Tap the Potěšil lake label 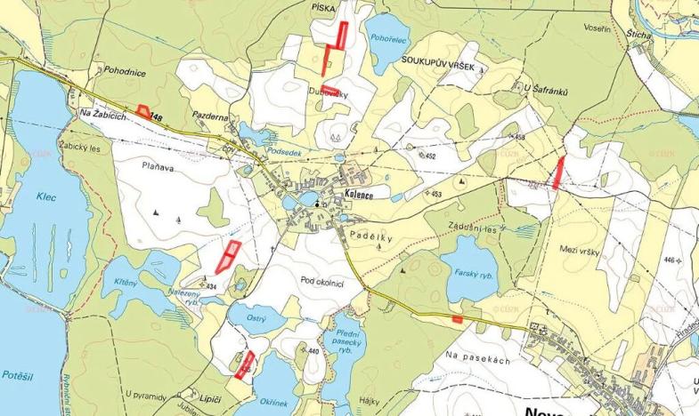click(19, 374)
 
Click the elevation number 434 click(211, 286)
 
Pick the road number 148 click(158, 116)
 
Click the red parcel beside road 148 click(143, 112)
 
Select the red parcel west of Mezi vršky click(558, 172)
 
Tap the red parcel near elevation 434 click(228, 256)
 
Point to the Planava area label click(158, 164)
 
